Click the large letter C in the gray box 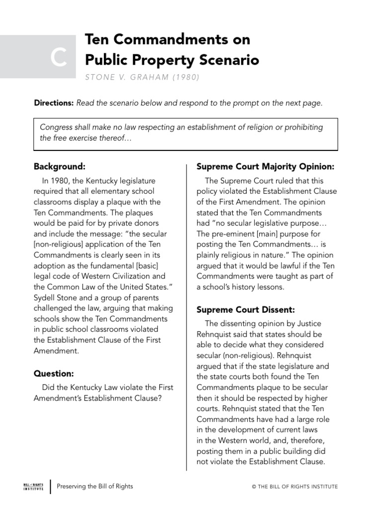59,59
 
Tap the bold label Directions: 53,103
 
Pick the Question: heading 54,373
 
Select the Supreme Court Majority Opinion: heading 265,166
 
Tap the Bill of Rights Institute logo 33,486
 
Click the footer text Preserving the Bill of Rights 95,486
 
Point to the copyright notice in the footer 295,487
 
